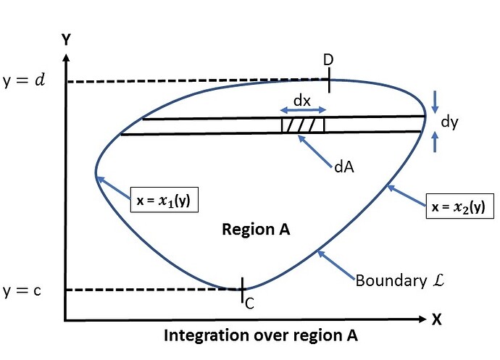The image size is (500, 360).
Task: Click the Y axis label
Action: pos(66,40)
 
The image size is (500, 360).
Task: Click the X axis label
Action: pos(437,319)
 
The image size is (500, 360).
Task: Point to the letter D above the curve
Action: pos(328,60)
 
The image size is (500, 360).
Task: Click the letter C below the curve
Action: pos(249,304)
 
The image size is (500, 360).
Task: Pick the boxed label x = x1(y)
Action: pos(164,198)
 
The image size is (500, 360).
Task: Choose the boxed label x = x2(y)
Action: pos(459,206)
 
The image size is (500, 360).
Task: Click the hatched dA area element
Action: pos(303,125)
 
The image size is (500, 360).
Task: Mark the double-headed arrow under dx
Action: pos(302,109)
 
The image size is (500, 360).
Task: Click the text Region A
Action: pos(256,230)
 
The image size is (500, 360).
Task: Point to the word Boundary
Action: pos(381,279)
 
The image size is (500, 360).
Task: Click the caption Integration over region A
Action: pos(260,337)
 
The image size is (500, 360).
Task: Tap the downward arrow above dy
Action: pos(435,101)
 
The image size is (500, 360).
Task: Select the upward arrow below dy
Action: pos(435,143)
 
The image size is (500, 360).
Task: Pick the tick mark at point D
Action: pos(329,81)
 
